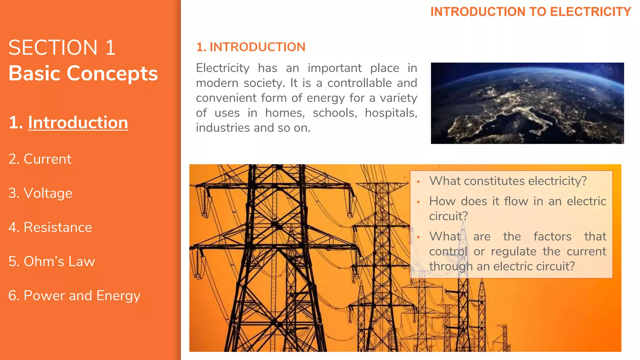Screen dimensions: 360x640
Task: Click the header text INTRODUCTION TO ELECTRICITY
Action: click(531, 12)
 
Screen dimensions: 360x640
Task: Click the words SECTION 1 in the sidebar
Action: click(62, 48)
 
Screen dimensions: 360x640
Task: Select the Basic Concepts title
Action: click(83, 73)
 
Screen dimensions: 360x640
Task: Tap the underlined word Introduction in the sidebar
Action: click(78, 122)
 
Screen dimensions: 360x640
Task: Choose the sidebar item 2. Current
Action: click(40, 159)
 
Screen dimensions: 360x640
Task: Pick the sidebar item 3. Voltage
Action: click(40, 193)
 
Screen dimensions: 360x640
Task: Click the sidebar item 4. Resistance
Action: click(50, 227)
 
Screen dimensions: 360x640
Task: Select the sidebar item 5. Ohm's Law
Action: click(52, 261)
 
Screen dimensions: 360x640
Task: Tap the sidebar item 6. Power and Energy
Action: click(74, 296)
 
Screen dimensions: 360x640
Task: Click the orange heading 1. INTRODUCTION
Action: click(251, 47)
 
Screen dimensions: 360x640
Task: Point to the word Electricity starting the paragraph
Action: click(222, 68)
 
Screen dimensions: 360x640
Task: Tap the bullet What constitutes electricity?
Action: click(508, 181)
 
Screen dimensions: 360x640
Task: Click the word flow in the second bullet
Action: click(516, 201)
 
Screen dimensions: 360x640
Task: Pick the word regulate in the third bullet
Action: click(513, 252)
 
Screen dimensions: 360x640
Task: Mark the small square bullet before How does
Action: click(418, 202)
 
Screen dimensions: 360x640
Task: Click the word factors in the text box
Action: click(552, 237)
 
